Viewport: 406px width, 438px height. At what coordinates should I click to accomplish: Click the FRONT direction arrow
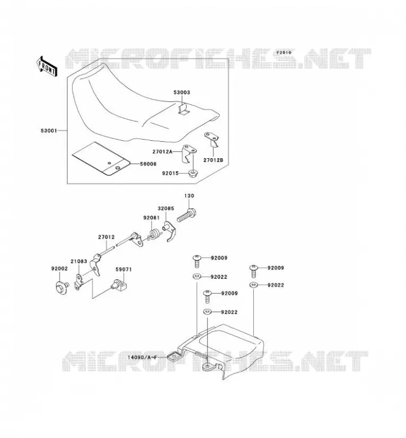tap(47, 66)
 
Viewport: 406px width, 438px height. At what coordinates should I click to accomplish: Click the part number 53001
tap(49, 130)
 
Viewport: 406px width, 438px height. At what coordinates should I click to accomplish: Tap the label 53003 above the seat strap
tap(182, 92)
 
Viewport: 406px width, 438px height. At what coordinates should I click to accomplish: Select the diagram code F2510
tap(283, 52)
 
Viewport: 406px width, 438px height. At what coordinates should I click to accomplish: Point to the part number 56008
tap(148, 164)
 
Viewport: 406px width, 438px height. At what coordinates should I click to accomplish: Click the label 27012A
tap(163, 152)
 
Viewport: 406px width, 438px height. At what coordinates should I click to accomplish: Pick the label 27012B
tap(213, 160)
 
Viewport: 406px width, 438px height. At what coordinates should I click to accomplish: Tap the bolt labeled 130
tap(187, 216)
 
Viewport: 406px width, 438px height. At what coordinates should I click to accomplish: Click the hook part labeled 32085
tap(169, 231)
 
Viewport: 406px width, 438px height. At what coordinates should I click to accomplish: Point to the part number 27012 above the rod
tap(106, 237)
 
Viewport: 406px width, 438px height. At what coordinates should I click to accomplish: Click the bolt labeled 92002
tap(62, 287)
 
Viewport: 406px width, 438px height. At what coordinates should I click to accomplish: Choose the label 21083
tap(79, 261)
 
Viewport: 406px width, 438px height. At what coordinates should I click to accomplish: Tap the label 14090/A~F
tap(142, 358)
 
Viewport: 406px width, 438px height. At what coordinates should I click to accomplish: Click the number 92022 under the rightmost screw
tap(276, 285)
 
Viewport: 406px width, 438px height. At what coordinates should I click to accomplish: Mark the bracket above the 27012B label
tap(212, 140)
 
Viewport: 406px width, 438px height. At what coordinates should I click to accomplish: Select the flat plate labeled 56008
tap(101, 159)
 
